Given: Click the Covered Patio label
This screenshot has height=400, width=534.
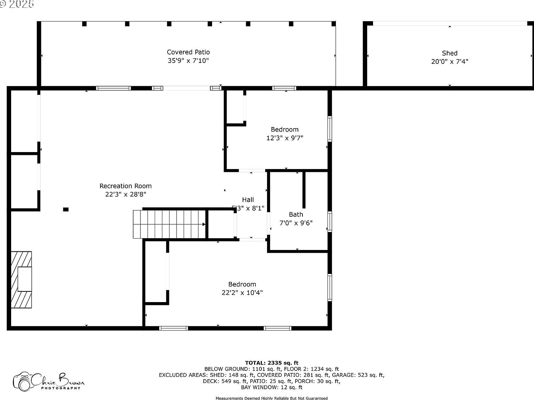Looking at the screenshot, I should click(x=188, y=52).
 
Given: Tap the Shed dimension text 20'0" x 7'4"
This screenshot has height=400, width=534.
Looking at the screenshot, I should click(x=450, y=62).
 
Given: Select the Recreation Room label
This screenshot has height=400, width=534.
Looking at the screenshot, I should click(x=126, y=186).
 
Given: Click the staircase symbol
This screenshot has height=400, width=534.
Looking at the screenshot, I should click(x=169, y=224).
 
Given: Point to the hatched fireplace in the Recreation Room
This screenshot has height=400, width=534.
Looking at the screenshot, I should click(x=22, y=280).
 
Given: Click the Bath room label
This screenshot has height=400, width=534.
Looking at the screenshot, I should click(x=296, y=215).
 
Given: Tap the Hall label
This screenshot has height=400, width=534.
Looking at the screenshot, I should click(x=248, y=200).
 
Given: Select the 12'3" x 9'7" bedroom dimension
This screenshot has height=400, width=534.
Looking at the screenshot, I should click(x=285, y=138).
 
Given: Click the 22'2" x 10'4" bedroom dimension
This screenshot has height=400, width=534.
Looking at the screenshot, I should click(x=242, y=293).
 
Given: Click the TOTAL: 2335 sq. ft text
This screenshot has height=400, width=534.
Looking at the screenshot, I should click(x=272, y=363).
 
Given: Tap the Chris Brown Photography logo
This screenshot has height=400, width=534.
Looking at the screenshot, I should click(x=48, y=381).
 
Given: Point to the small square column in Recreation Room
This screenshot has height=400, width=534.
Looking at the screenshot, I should click(x=66, y=209).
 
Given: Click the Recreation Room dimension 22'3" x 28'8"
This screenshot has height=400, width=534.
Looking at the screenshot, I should click(x=126, y=194).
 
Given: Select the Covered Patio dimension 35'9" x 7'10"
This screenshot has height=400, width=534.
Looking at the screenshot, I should click(x=188, y=61).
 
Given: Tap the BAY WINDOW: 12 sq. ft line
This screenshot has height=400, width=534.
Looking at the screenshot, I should click(x=272, y=387).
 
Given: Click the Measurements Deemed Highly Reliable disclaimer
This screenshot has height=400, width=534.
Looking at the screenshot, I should click(x=272, y=398).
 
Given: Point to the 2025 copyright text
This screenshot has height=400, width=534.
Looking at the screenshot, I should click(x=17, y=4).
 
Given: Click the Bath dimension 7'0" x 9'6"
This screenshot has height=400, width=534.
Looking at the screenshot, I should click(x=296, y=223).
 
